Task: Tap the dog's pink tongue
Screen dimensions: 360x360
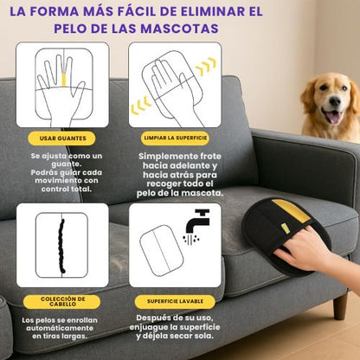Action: coord(332,116)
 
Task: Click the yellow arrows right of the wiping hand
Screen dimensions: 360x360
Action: coord(205,67)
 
